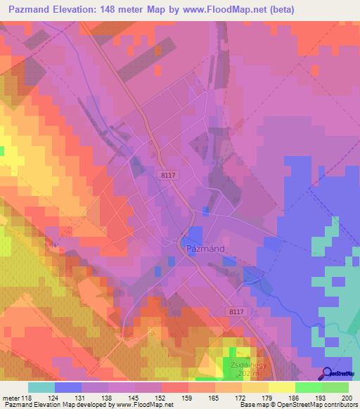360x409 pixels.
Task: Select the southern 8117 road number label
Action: coord(239,310)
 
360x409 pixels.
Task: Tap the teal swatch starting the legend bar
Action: coord(41,387)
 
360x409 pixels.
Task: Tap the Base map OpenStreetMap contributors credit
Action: coord(298,405)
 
